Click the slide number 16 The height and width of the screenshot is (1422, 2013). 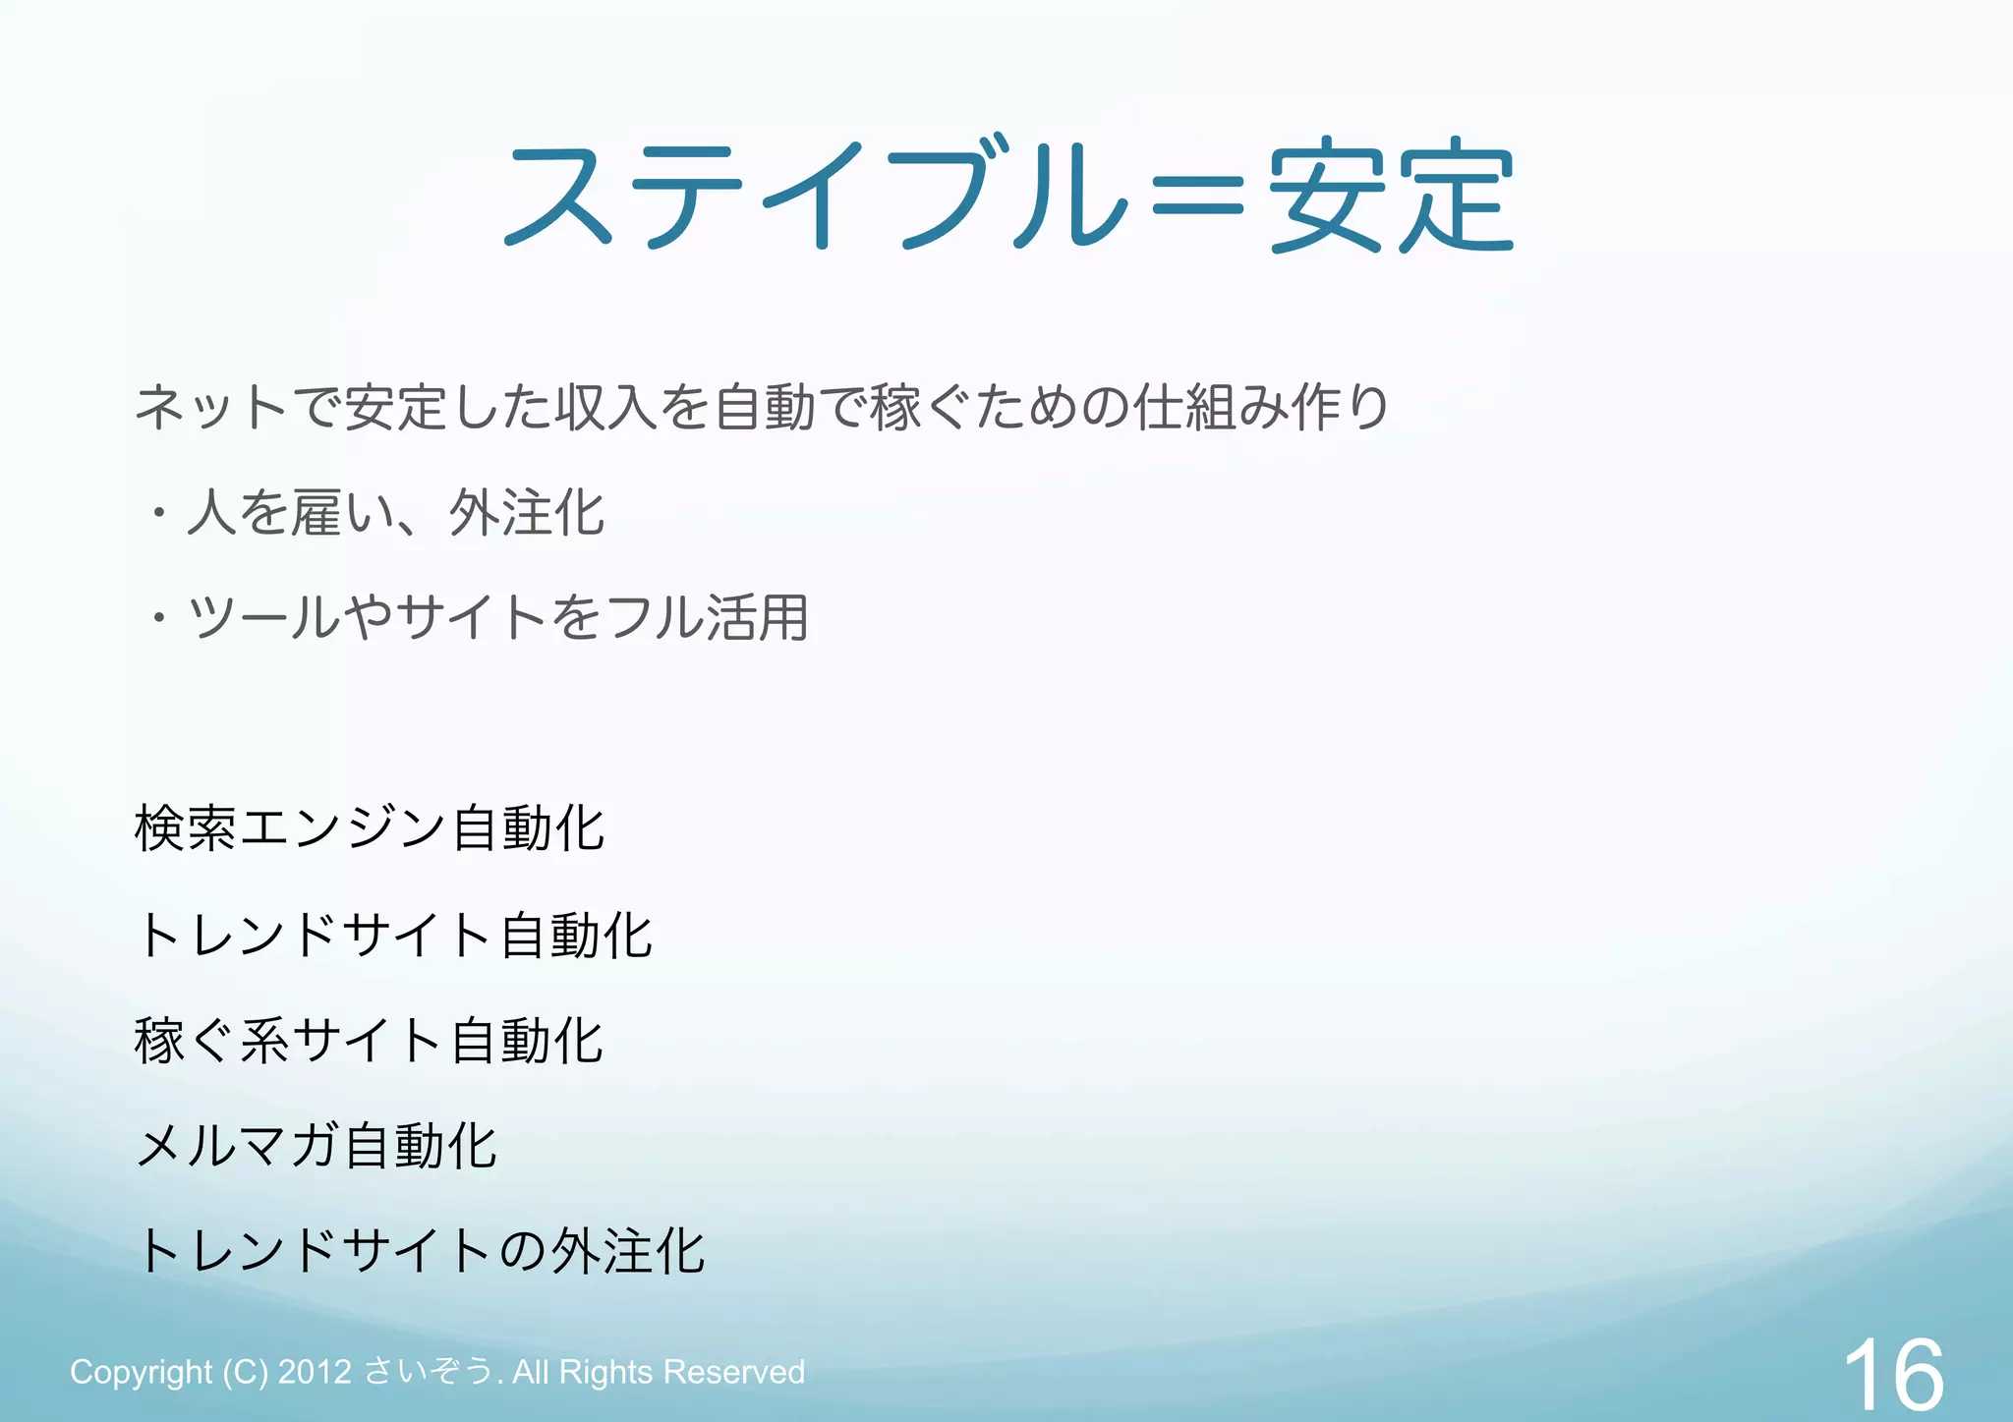click(1892, 1375)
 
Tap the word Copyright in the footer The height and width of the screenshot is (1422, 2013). click(141, 1372)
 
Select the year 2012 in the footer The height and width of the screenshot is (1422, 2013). click(315, 1372)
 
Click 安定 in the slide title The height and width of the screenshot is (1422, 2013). click(1392, 195)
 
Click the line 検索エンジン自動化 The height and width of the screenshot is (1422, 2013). click(370, 828)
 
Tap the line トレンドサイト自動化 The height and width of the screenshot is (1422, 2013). click(393, 935)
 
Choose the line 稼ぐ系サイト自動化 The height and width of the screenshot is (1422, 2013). click(370, 1041)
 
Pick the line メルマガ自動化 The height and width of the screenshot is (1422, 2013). click(316, 1146)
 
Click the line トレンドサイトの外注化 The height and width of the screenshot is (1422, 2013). click(420, 1252)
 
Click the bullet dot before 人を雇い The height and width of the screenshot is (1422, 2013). click(158, 513)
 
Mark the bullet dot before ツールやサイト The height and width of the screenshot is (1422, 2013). click(158, 619)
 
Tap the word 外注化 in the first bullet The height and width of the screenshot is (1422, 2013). click(527, 513)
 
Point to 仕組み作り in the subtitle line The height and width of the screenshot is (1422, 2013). click(1261, 407)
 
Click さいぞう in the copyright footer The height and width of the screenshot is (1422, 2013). click(429, 1372)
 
